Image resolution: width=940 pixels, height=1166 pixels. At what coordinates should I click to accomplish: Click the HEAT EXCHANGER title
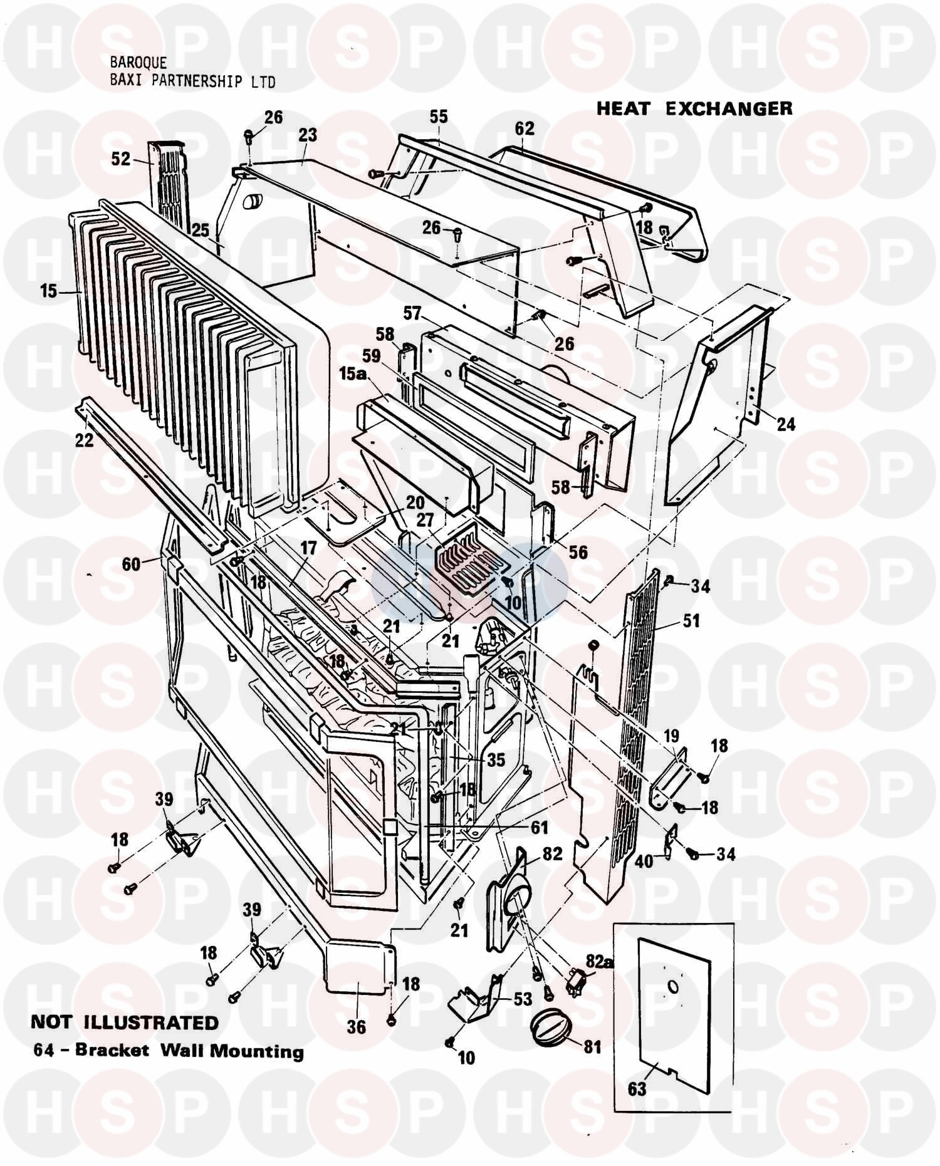pos(694,108)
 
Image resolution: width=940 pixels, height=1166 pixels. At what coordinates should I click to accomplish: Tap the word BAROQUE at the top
pos(138,63)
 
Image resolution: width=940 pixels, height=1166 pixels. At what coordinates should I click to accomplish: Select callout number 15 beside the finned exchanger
pos(48,291)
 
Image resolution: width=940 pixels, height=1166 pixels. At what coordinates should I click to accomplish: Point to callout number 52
pos(121,159)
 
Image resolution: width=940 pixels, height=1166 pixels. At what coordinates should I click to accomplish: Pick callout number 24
pos(785,424)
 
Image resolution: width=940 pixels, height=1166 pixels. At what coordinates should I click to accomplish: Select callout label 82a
pos(599,960)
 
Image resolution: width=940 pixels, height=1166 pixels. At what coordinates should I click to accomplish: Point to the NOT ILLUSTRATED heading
pos(125,1023)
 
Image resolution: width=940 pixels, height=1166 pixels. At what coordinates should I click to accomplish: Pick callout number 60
pos(131,565)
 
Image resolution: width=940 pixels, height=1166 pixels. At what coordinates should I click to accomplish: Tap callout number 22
pos(84,440)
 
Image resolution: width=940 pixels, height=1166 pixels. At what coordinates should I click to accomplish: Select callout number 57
pos(412,313)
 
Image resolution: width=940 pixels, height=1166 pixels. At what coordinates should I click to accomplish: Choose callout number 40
pos(644,861)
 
